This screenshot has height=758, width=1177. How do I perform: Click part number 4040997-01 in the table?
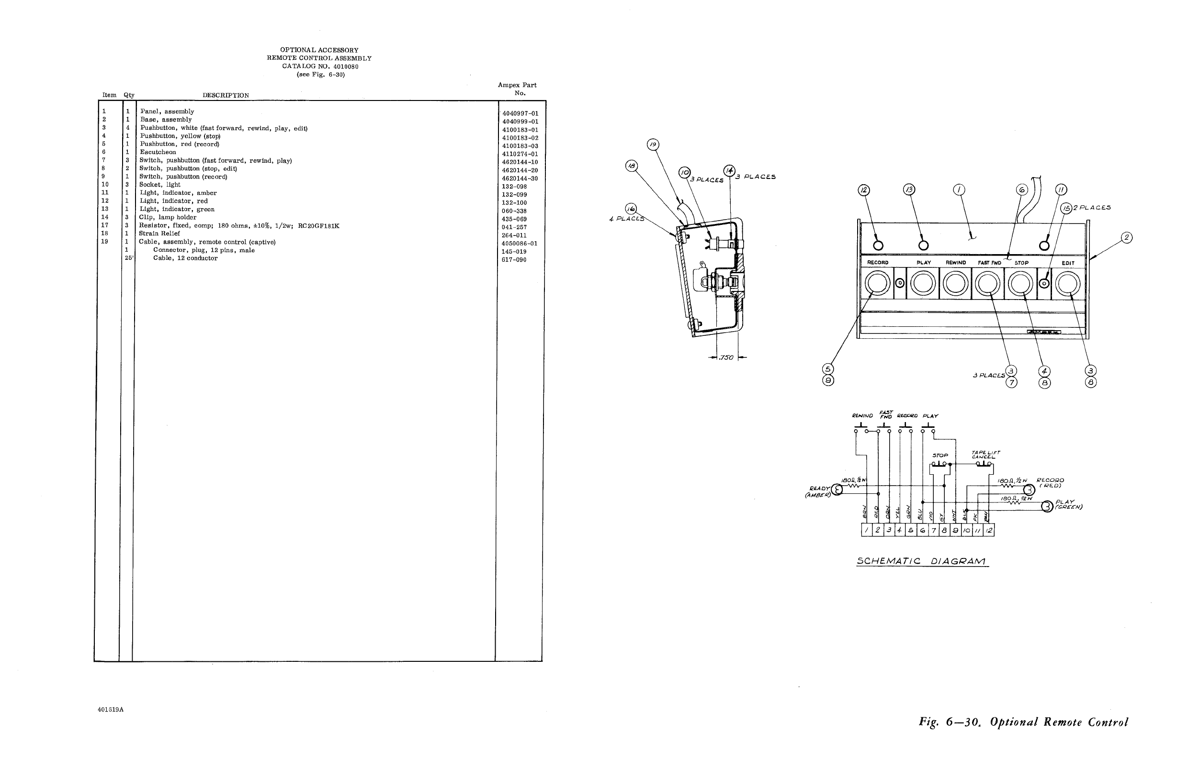(520, 114)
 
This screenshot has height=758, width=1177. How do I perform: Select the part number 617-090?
(514, 260)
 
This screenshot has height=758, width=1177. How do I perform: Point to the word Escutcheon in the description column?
(158, 152)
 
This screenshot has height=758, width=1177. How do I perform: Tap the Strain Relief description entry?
(159, 234)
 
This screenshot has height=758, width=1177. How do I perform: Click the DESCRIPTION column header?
(226, 96)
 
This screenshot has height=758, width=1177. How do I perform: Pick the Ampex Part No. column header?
(517, 89)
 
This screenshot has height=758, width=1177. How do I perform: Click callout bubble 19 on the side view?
(653, 145)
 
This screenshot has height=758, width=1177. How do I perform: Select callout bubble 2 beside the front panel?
(1126, 238)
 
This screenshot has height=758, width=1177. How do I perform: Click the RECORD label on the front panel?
(878, 263)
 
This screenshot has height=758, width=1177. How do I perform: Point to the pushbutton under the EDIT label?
(1068, 284)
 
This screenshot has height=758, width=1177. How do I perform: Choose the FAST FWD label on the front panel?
(989, 263)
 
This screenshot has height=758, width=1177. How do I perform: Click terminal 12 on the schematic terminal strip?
(988, 530)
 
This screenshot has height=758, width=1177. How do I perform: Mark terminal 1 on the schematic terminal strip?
(866, 530)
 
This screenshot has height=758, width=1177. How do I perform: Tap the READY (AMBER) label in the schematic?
(818, 492)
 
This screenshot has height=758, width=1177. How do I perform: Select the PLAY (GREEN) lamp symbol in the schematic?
(1047, 506)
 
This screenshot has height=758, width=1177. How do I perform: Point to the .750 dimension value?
(726, 358)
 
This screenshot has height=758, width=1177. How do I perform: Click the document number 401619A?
(111, 710)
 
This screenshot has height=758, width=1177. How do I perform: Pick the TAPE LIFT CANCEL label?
(985, 454)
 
